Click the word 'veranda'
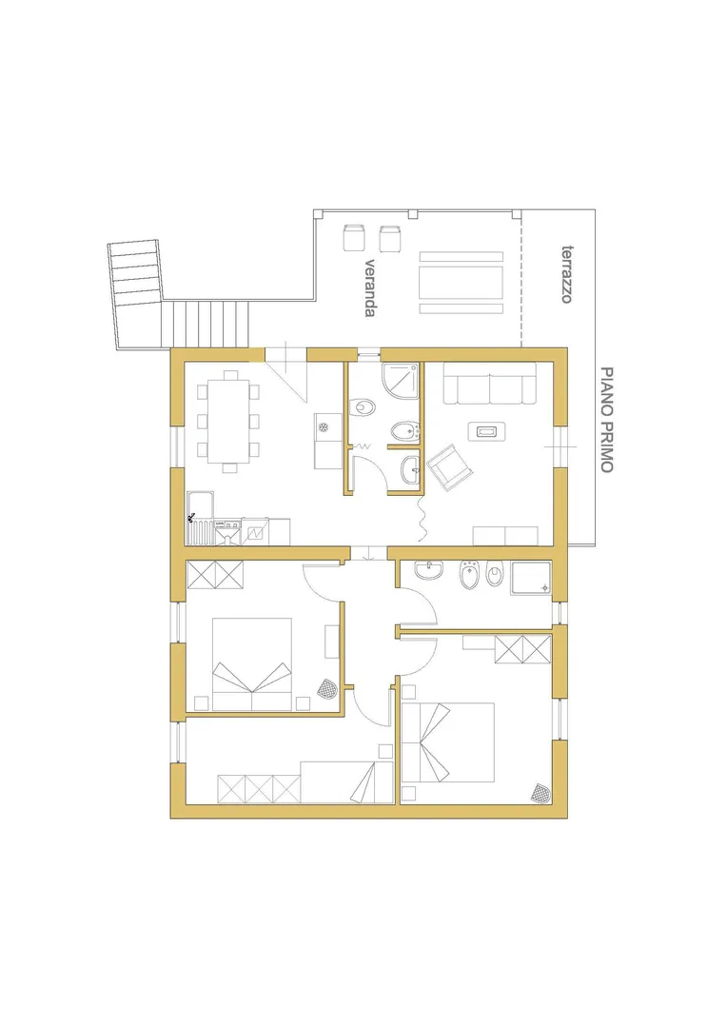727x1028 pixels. point(370,287)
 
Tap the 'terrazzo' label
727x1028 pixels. point(568,274)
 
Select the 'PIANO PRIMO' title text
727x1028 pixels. point(607,420)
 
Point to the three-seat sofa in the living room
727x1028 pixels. point(490,383)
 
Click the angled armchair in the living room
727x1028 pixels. point(450,466)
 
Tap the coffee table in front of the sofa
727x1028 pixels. point(486,431)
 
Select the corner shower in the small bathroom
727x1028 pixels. point(401,380)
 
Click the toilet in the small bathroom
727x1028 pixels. point(362,408)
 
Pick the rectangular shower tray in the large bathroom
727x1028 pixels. point(531,578)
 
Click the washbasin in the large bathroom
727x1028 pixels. point(428,570)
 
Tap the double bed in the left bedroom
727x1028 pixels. point(252,664)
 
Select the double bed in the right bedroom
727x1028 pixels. point(448,742)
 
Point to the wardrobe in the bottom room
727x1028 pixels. point(259,789)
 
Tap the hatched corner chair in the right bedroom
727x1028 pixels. point(541,792)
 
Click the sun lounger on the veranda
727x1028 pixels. point(462,283)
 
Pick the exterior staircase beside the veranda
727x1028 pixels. point(171,298)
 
